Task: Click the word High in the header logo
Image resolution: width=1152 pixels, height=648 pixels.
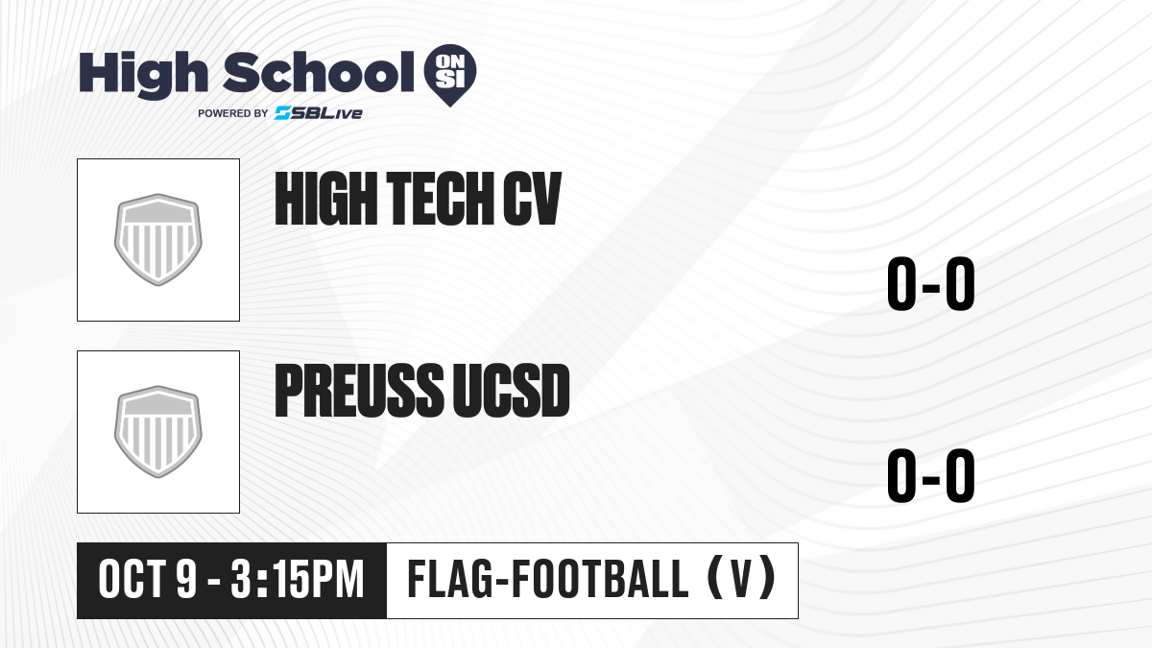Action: click(x=144, y=74)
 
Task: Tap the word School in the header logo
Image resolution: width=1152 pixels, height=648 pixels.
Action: click(x=319, y=72)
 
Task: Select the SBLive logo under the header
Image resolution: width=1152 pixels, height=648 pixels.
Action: click(x=318, y=113)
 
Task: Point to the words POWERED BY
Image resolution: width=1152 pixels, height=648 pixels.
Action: click(x=233, y=113)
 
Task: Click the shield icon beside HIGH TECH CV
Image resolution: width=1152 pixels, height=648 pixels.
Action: click(x=157, y=240)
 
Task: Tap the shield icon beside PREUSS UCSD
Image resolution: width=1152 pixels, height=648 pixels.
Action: click(x=157, y=432)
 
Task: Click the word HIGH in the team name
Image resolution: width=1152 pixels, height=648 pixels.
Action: click(x=326, y=199)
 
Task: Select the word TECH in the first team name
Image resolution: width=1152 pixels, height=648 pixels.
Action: click(x=441, y=199)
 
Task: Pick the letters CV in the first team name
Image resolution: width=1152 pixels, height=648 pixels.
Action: click(x=532, y=199)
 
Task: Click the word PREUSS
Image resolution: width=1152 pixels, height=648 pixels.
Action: click(x=359, y=391)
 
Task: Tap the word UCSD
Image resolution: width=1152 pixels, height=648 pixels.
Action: click(x=511, y=391)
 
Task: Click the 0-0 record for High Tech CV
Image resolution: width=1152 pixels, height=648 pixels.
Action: click(x=931, y=283)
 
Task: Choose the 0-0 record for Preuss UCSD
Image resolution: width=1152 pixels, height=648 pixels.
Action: click(x=931, y=475)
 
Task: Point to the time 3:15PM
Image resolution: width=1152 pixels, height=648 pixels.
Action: click(x=298, y=580)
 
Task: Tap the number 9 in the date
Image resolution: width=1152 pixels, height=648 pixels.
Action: click(x=186, y=580)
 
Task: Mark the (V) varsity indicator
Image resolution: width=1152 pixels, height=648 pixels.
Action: click(x=741, y=579)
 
